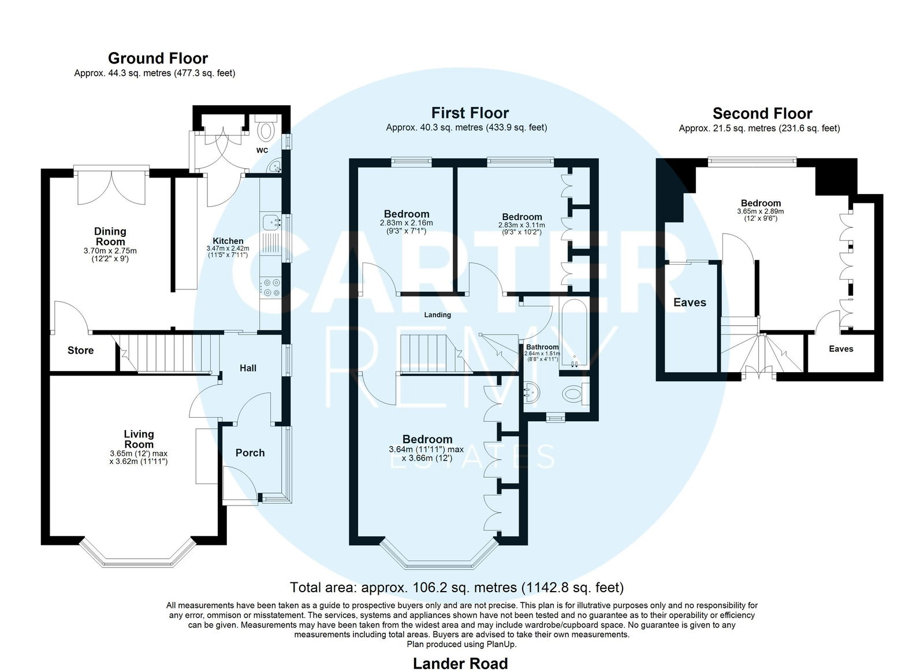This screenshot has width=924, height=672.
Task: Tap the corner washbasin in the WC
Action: tap(274, 166)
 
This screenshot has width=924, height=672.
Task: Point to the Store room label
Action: tap(80, 351)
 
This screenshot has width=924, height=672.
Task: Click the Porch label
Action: tap(250, 453)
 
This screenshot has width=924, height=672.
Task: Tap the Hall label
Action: tap(248, 368)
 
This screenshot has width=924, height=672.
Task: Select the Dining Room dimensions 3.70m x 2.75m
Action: tap(110, 251)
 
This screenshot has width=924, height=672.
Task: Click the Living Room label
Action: tap(139, 439)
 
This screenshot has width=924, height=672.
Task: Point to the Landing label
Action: tap(438, 315)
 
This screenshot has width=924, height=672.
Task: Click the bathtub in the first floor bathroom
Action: tap(573, 333)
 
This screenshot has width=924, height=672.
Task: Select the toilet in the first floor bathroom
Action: tap(575, 393)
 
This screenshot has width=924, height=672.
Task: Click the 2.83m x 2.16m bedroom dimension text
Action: tap(407, 223)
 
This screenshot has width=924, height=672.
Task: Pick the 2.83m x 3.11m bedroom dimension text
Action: tap(522, 225)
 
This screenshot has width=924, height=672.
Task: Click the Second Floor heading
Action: tap(762, 113)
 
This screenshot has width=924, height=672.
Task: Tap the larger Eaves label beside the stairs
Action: tap(690, 303)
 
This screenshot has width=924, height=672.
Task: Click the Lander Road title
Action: tap(460, 664)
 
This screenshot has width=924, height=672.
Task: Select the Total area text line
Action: tap(457, 588)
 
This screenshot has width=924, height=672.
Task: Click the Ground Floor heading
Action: tap(158, 58)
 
